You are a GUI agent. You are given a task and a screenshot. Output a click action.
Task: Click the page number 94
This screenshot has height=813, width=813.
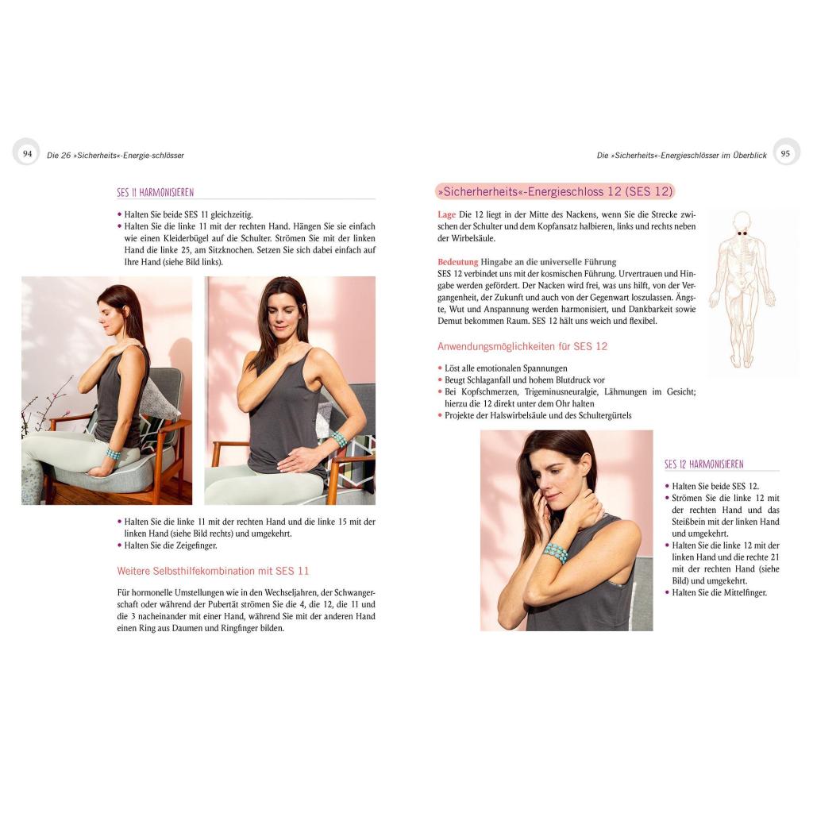point(28,153)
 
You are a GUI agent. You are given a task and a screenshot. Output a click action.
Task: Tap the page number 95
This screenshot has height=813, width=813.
point(785,153)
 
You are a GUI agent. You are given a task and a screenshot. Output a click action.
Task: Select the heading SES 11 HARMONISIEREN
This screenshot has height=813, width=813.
point(155,192)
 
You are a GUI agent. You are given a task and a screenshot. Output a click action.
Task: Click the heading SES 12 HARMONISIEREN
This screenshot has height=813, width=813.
point(703,464)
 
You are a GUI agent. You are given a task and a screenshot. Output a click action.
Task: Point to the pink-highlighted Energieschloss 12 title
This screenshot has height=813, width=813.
point(555,191)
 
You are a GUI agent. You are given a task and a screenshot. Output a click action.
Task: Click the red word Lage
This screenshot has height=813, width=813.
point(446,214)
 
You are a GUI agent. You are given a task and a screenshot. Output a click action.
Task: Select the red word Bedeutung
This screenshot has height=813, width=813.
point(457,262)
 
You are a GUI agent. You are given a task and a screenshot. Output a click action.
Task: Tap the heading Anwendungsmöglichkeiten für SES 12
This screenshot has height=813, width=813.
point(522,346)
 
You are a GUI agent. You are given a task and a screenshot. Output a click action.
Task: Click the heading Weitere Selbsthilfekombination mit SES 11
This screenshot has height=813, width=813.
point(213,571)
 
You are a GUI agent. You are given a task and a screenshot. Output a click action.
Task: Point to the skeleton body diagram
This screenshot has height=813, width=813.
point(742,289)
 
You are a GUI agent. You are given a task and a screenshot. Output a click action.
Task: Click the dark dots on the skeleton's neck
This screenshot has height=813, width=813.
point(742,234)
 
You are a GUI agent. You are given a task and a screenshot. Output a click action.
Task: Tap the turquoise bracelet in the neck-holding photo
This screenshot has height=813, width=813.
point(556,553)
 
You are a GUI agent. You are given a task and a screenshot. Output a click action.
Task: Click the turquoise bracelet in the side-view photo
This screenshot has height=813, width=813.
point(114,453)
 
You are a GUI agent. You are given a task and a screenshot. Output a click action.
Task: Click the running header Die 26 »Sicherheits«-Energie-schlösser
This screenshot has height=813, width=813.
point(115,155)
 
